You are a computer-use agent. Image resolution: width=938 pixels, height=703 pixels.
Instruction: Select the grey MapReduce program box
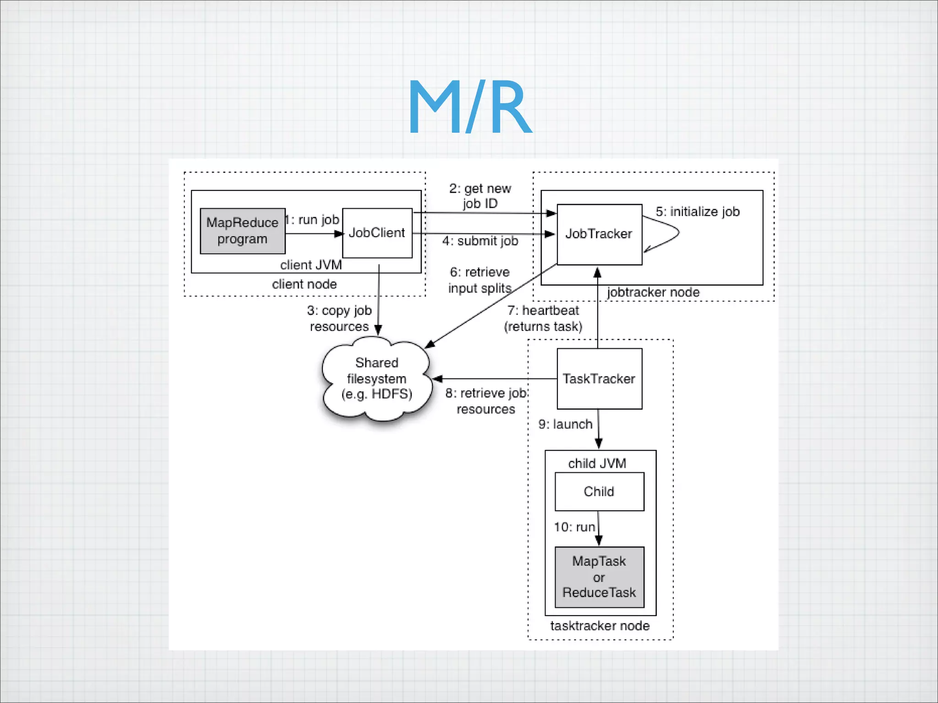(242, 231)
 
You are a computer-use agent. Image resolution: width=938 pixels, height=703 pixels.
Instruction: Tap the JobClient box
(377, 233)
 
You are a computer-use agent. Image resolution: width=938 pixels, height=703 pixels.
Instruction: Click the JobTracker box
(599, 234)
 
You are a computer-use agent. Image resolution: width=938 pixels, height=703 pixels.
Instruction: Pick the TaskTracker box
(599, 379)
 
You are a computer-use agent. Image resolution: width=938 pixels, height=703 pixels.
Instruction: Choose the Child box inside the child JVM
(599, 492)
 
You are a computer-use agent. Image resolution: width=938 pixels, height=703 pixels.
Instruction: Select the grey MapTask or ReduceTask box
(599, 577)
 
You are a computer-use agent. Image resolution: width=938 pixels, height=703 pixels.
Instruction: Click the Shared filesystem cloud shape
(376, 379)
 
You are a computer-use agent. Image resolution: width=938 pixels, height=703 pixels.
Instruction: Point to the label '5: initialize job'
(698, 212)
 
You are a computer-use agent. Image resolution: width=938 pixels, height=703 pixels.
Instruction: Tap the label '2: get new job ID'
(480, 196)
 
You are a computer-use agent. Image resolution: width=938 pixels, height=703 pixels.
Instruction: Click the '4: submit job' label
(480, 241)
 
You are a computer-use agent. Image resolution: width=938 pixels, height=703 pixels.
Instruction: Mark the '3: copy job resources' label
(339, 319)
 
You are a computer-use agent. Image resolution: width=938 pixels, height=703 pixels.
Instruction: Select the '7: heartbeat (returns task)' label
(543, 319)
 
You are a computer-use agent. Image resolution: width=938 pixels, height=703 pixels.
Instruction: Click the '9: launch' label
(565, 425)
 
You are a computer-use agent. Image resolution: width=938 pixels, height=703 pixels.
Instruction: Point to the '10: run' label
(574, 527)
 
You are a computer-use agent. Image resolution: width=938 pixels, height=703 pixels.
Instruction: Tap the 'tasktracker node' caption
(600, 626)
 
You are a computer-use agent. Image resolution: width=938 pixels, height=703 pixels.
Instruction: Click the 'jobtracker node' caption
(654, 292)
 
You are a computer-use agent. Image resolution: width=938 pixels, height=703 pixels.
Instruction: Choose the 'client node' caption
(305, 285)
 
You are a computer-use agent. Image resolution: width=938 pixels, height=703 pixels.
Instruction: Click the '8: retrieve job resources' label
(486, 401)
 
